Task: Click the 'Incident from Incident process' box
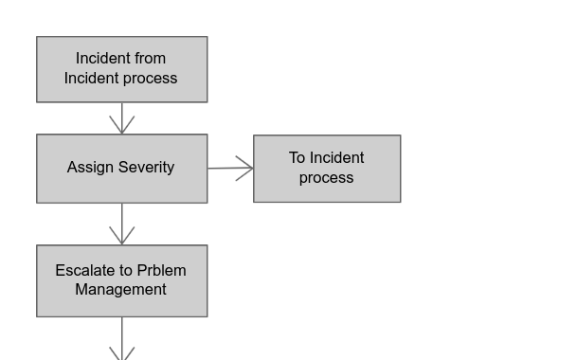click(121, 69)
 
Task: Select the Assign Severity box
click(121, 168)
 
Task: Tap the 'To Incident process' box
click(327, 168)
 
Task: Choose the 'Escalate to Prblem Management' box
click(121, 280)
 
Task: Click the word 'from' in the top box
click(149, 59)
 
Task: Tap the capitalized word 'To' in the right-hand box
click(298, 158)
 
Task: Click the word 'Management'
click(121, 290)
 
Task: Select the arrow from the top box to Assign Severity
click(121, 118)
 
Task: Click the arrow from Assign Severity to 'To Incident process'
click(230, 169)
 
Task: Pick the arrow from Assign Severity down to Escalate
click(121, 225)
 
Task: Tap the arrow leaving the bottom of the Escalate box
click(121, 339)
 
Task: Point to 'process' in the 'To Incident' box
click(327, 178)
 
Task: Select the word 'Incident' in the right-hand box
click(337, 158)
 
